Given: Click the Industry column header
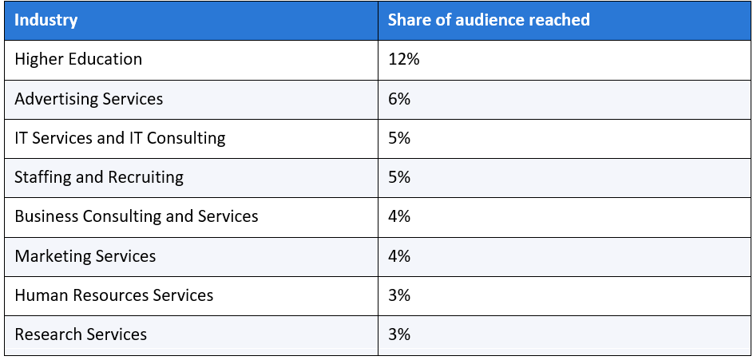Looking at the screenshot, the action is click(x=46, y=20).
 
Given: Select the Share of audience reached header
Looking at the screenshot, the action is click(x=489, y=20).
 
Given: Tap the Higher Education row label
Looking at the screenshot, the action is click(x=78, y=60).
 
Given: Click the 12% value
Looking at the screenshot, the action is click(x=403, y=60).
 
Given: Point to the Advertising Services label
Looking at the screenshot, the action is click(x=89, y=99).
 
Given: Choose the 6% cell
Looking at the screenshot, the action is click(x=399, y=99).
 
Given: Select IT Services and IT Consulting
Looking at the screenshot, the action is click(x=120, y=138).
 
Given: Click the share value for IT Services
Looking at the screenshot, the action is click(x=399, y=138).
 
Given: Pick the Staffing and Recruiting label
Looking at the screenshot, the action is click(x=99, y=177).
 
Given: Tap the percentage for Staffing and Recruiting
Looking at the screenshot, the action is click(x=399, y=177).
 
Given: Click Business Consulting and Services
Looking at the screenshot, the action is click(x=137, y=216).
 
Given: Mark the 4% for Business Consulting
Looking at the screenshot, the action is click(x=399, y=216).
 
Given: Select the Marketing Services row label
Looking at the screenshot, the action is click(x=85, y=256).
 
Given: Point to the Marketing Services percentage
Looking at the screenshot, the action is click(x=399, y=256).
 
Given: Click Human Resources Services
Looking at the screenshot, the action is click(x=114, y=295).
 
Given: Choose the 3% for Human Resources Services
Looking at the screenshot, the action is click(x=399, y=295).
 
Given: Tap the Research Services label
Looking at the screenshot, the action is click(x=81, y=334).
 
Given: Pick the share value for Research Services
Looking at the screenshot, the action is click(x=399, y=334).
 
